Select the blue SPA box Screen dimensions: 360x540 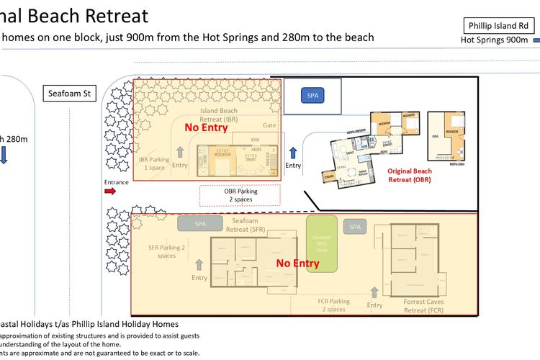point(312,95)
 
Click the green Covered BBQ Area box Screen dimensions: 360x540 point(321,243)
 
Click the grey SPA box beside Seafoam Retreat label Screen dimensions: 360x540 point(199,224)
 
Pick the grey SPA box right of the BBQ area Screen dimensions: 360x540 point(355,227)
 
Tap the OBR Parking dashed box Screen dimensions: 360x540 point(240,195)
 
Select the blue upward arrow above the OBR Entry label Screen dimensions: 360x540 point(293,153)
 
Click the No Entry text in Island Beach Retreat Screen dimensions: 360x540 point(206,127)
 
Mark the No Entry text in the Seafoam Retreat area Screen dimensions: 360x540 point(297,264)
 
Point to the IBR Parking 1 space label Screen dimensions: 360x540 point(153,163)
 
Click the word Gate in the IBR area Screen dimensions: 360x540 point(269,125)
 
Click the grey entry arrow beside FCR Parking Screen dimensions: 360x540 point(374,292)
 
